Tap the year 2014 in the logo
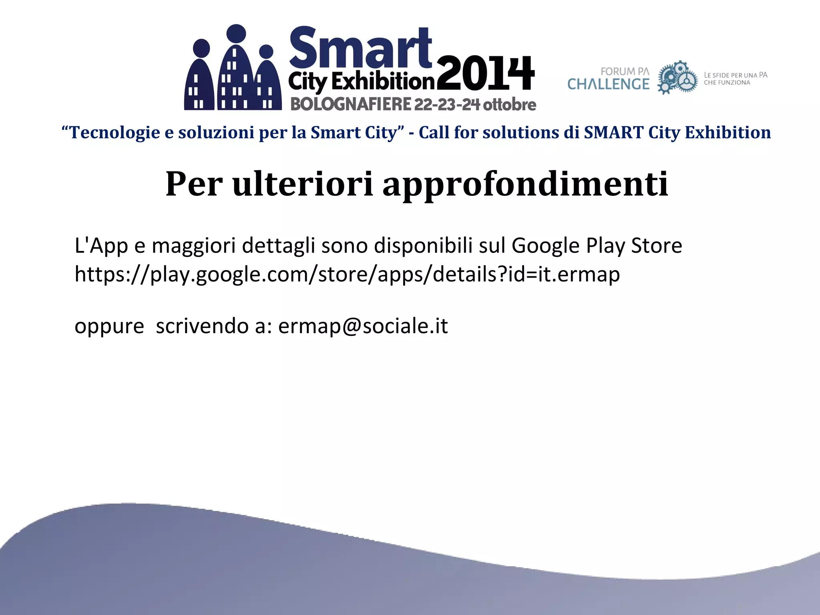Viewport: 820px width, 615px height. click(485, 74)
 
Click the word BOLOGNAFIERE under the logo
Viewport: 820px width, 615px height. click(351, 105)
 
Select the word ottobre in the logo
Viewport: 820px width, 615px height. click(509, 105)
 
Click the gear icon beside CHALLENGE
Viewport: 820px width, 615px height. click(677, 78)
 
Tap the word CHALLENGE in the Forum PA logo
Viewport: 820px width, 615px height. click(608, 84)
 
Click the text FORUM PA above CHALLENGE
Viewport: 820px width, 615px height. click(625, 71)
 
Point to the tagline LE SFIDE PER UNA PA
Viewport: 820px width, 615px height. click(736, 75)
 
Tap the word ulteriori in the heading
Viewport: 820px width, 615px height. click(303, 184)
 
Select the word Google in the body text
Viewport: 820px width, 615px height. click(545, 245)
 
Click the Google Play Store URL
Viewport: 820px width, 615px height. click(347, 275)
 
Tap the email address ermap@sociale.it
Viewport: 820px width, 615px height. click(363, 326)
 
